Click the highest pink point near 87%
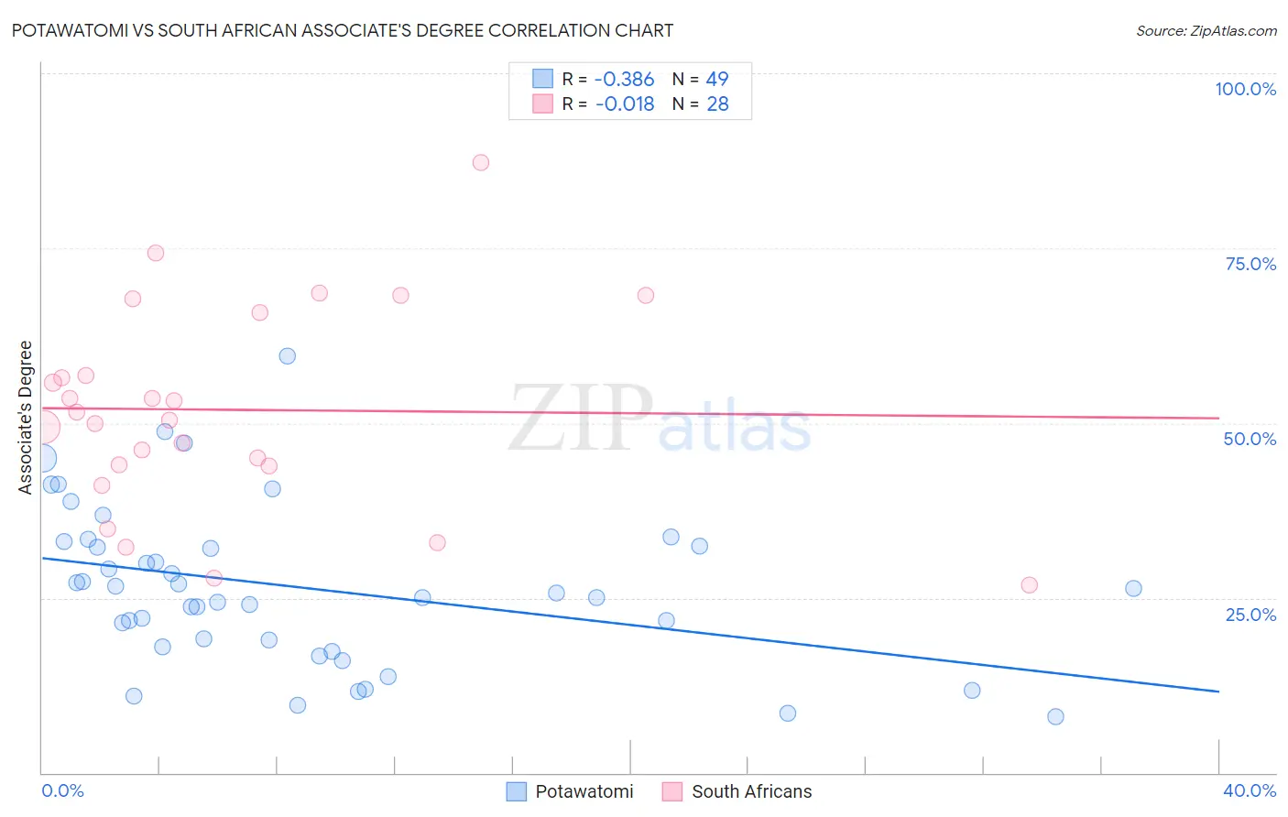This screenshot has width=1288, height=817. point(481,163)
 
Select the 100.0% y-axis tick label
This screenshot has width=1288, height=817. point(1245,89)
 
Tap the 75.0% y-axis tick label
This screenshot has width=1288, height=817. point(1250,264)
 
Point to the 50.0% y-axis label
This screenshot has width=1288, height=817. point(1250,439)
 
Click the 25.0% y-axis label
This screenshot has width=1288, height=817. point(1250,615)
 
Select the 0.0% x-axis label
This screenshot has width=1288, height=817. point(62,790)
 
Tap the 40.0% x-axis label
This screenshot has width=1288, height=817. point(1250,790)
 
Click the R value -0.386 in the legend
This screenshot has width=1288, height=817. point(625,80)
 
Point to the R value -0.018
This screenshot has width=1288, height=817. point(625,104)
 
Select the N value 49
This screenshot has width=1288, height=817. point(717,80)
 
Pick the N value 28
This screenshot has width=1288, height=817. point(717,104)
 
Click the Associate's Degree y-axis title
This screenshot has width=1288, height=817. point(26,418)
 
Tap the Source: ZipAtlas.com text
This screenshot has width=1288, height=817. point(1206,31)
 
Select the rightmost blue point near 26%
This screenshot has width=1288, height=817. point(1133,589)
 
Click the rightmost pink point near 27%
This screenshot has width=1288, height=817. point(1029,585)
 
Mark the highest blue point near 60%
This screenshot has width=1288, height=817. point(288,356)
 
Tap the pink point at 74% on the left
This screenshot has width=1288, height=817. point(156,254)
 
